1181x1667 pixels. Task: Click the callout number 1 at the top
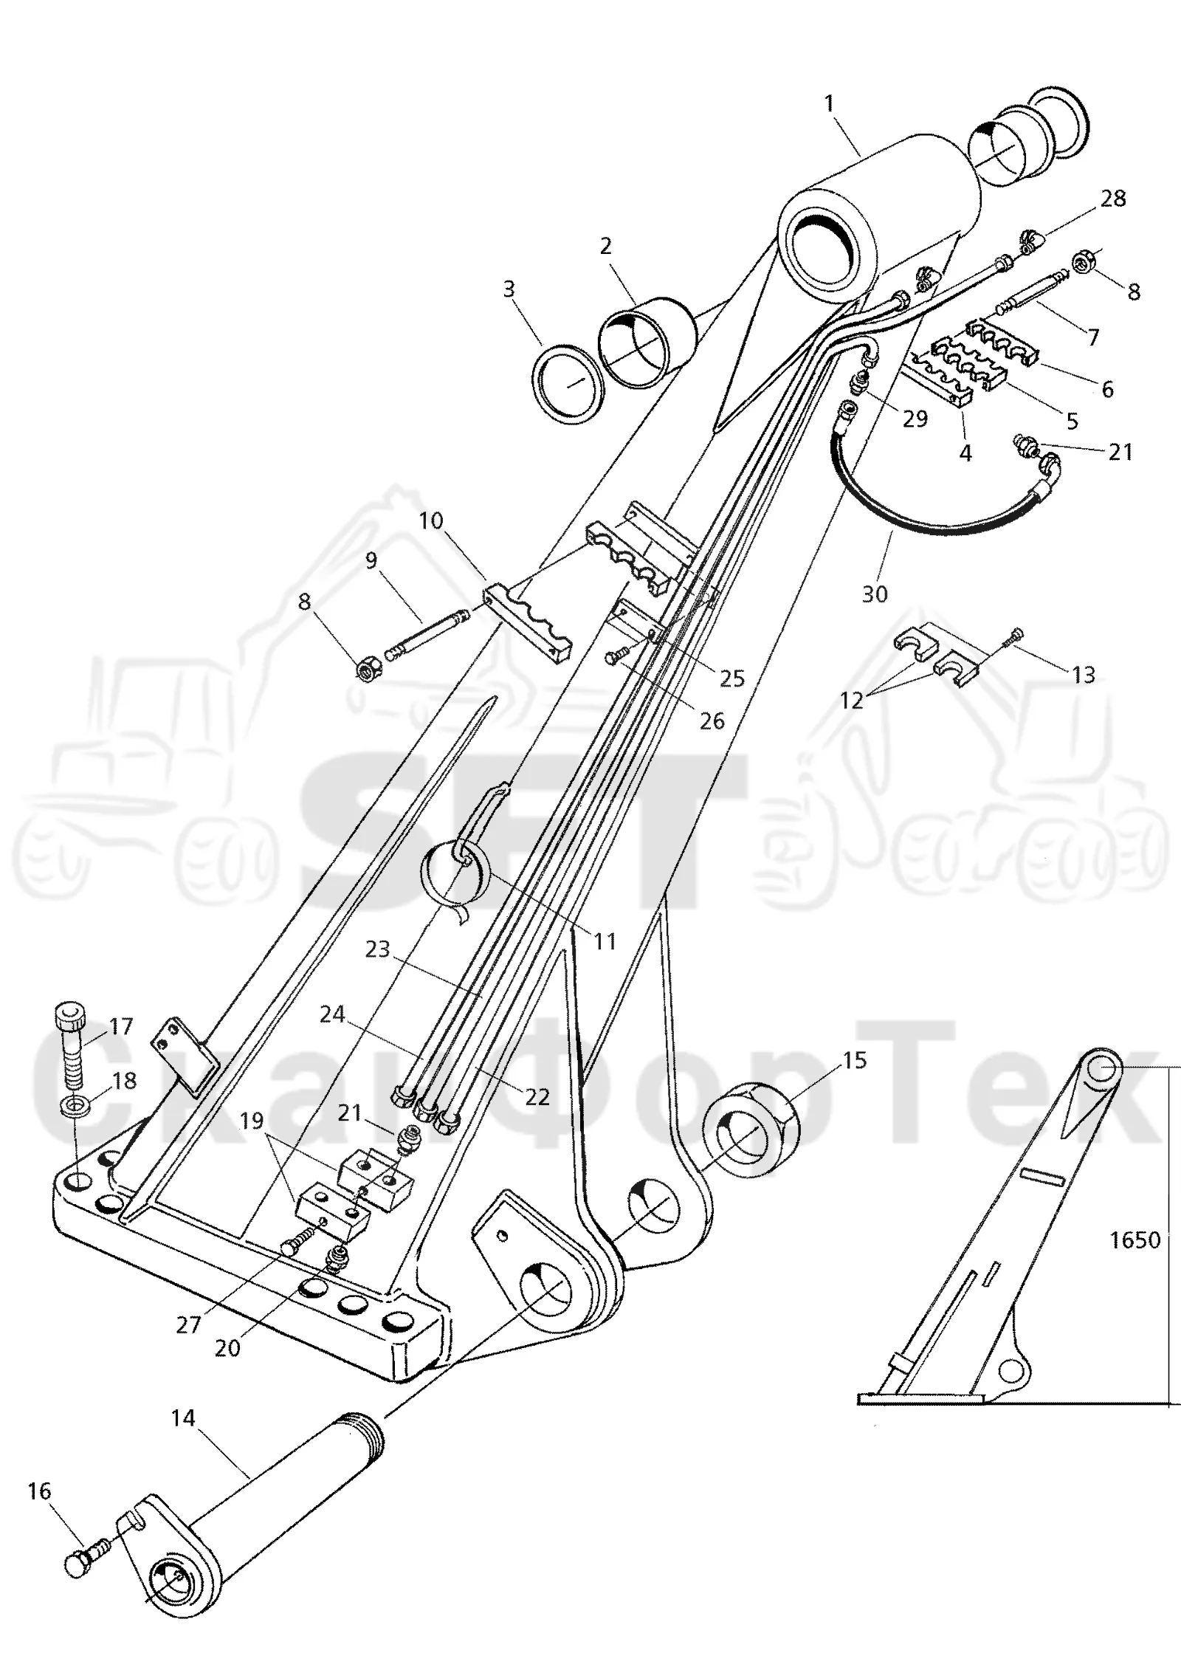[x=830, y=103]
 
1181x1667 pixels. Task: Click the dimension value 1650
[x=1135, y=1240]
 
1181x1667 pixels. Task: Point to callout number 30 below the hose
[x=875, y=594]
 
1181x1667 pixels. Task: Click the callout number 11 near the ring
[x=605, y=941]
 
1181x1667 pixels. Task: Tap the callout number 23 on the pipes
[x=377, y=949]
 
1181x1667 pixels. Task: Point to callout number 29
[x=915, y=419]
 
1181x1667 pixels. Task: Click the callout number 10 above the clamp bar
[x=431, y=520]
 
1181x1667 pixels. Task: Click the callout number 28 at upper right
[x=1113, y=198]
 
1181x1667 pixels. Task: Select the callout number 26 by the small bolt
[x=712, y=721]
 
